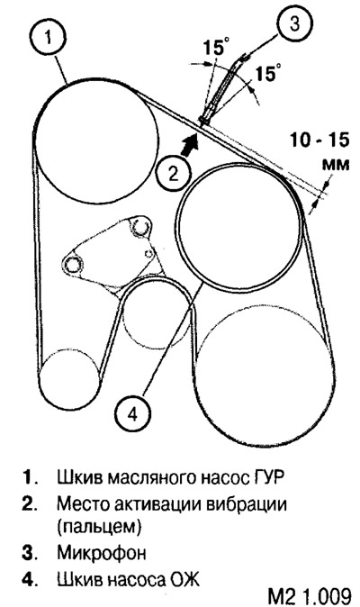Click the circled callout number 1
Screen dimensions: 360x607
(x=48, y=38)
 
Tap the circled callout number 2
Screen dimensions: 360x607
(x=174, y=174)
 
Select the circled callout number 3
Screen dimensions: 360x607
(x=294, y=23)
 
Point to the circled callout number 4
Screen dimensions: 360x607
(x=133, y=415)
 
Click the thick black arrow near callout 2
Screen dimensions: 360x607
(x=190, y=143)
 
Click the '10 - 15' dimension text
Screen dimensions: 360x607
(x=319, y=140)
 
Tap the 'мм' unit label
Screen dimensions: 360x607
(x=336, y=165)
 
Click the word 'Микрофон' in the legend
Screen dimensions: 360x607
(x=102, y=552)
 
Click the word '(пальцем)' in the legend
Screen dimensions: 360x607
(x=99, y=527)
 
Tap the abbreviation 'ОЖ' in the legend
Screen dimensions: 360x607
(x=184, y=579)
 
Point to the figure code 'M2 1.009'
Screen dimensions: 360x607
(x=310, y=596)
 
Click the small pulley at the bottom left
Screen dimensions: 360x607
(x=68, y=378)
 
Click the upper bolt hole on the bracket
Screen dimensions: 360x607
(x=140, y=226)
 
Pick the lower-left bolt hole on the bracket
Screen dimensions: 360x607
(x=73, y=265)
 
